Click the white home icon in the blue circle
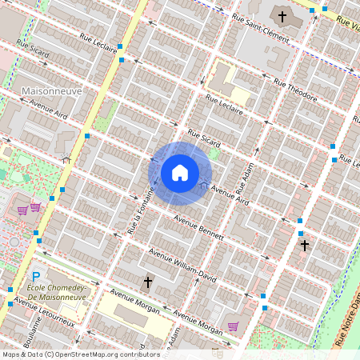[x=180, y=172]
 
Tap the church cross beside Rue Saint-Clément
[x=282, y=16]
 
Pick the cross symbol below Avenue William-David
[x=147, y=282]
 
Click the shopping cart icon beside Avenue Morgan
[x=233, y=326]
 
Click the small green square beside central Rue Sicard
[x=214, y=154]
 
